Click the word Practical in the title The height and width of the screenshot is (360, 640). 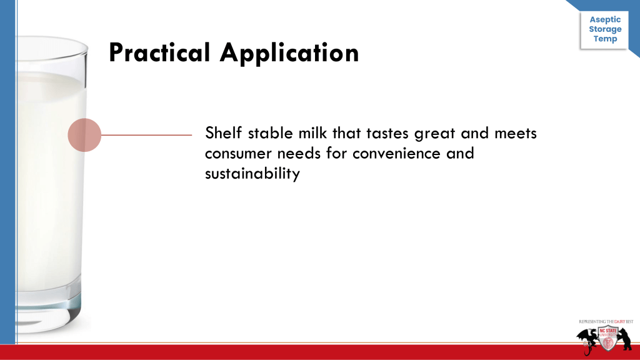click(x=159, y=52)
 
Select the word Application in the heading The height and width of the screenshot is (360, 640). click(x=289, y=53)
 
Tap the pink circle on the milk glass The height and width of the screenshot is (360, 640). click(x=84, y=135)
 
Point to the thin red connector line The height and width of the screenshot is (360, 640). click(x=146, y=135)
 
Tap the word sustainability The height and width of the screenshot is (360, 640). click(x=252, y=174)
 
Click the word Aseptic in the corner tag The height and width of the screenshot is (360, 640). click(x=605, y=19)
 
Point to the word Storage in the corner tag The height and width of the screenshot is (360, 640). click(x=605, y=29)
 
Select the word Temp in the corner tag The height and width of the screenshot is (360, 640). click(x=605, y=39)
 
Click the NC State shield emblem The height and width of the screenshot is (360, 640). click(x=607, y=339)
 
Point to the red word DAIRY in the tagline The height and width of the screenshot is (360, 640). click(x=619, y=322)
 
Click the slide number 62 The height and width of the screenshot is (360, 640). click(x=587, y=344)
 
